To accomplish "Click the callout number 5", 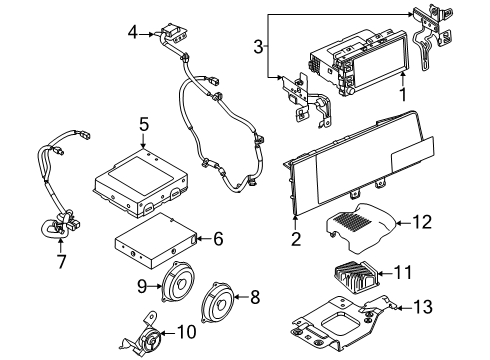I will [x=144, y=126].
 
